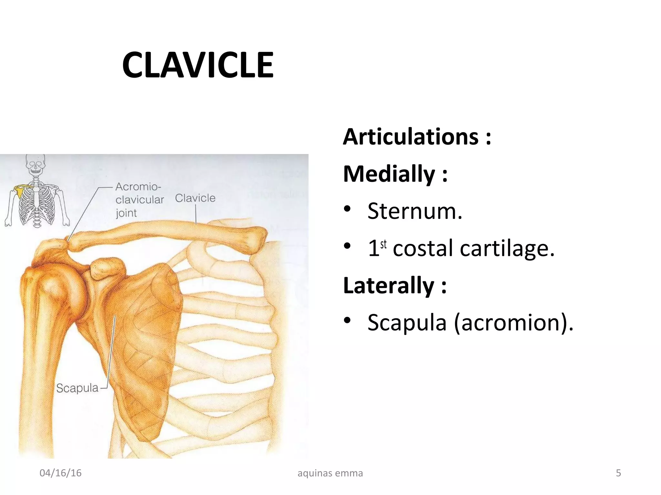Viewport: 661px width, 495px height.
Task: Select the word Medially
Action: (x=389, y=174)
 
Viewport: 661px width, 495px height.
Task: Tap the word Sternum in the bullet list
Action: (x=415, y=211)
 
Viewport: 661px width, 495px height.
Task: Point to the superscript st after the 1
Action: (x=383, y=244)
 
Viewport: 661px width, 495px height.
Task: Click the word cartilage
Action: (x=507, y=248)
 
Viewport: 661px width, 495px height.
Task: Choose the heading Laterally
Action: (x=389, y=285)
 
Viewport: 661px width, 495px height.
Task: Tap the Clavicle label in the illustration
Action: (x=195, y=198)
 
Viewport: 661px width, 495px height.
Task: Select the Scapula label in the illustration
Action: (x=77, y=388)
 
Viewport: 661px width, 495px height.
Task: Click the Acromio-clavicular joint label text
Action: (x=139, y=199)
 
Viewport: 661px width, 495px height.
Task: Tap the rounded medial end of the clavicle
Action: (x=257, y=240)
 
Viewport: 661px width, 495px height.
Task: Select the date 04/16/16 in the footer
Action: (x=60, y=473)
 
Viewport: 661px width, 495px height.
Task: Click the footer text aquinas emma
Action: (x=330, y=473)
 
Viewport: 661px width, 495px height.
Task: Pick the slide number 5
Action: (x=618, y=473)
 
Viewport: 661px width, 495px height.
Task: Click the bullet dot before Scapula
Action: (x=347, y=320)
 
